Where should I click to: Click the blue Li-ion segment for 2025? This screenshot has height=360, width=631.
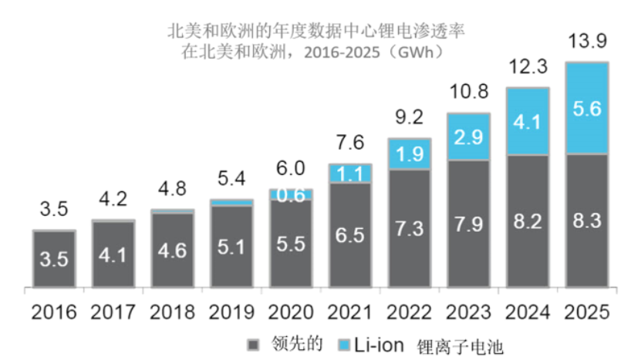coord(587,109)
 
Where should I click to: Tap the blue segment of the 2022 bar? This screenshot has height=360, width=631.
coord(409,155)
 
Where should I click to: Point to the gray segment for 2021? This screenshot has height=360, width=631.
coord(349,234)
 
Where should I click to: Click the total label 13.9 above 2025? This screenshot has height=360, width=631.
coord(587,42)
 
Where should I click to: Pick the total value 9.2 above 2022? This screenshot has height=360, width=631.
coord(409,118)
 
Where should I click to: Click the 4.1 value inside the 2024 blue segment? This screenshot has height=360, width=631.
coord(528,121)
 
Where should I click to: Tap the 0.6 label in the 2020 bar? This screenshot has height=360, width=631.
coord(291,195)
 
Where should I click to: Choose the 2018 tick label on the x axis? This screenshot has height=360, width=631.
coord(172,312)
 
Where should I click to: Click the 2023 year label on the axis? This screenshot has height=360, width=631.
coord(468,312)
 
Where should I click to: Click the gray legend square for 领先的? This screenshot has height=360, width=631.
coord(251,343)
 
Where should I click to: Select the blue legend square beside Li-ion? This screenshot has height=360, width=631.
coord(343,343)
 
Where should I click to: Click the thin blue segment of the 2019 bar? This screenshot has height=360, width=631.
coord(231,202)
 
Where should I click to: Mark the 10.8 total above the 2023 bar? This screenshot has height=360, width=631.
coord(468,93)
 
